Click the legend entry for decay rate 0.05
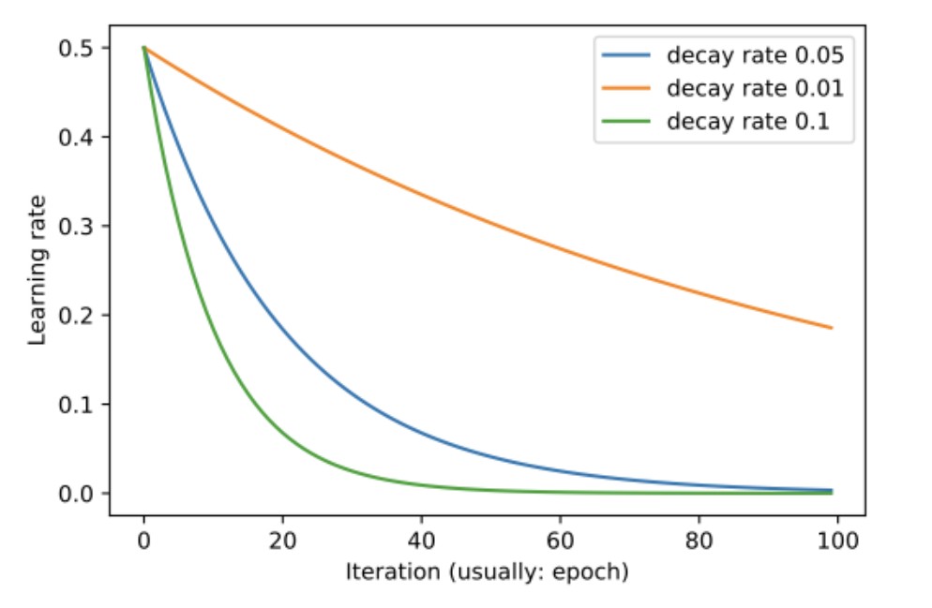tap(755, 55)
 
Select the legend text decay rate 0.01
tap(755, 88)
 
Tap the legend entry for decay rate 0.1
tap(747, 122)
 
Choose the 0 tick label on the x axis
tap(143, 540)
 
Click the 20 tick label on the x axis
tap(282, 540)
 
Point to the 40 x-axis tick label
tap(421, 540)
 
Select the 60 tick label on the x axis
tap(560, 540)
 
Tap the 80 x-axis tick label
tap(699, 540)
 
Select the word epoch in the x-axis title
tap(591, 571)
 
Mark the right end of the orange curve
tap(831, 328)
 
